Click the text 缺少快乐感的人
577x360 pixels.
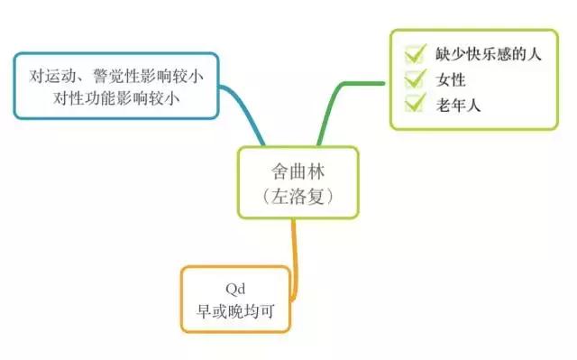point(486,55)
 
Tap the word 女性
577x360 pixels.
point(451,79)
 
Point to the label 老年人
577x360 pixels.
point(459,105)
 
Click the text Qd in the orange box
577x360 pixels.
point(236,290)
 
